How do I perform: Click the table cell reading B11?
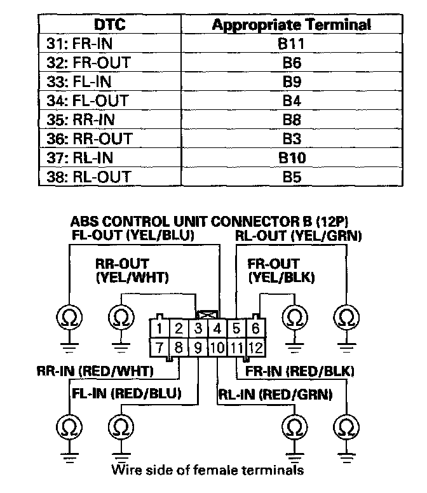click(x=292, y=44)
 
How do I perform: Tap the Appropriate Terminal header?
click(x=292, y=25)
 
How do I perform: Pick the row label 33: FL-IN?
click(x=89, y=81)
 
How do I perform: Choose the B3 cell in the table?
click(x=292, y=138)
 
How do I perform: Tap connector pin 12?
click(x=255, y=348)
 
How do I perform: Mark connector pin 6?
click(x=255, y=329)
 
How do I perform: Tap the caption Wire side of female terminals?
click(x=207, y=470)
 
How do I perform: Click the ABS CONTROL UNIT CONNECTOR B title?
click(x=210, y=222)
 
